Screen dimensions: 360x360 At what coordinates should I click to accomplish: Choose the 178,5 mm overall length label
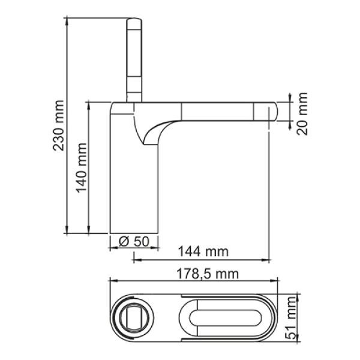point(208,274)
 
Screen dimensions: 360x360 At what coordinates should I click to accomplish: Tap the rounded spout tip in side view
point(273,112)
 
